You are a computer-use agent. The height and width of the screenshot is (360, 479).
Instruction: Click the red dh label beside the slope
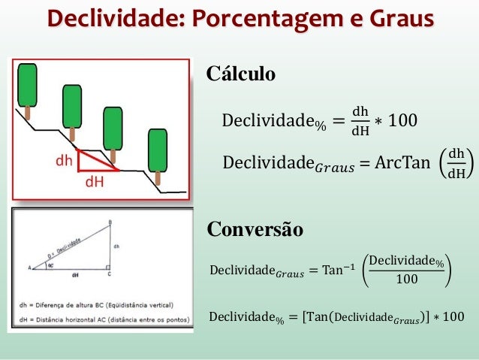(x=64, y=160)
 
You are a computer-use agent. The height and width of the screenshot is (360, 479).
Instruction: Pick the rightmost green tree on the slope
(x=158, y=150)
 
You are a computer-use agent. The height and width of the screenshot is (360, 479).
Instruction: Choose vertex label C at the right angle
(x=110, y=274)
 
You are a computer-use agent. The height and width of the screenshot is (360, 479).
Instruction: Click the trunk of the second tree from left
(x=72, y=134)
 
